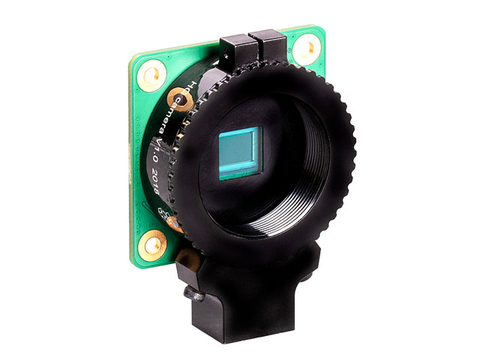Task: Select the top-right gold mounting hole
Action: pyautogui.click(x=306, y=50)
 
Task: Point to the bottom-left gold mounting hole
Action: pyautogui.click(x=154, y=243)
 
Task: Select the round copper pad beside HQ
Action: pyautogui.click(x=178, y=97)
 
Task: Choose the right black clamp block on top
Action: pyautogui.click(x=268, y=46)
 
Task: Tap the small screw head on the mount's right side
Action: pyautogui.click(x=306, y=277)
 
